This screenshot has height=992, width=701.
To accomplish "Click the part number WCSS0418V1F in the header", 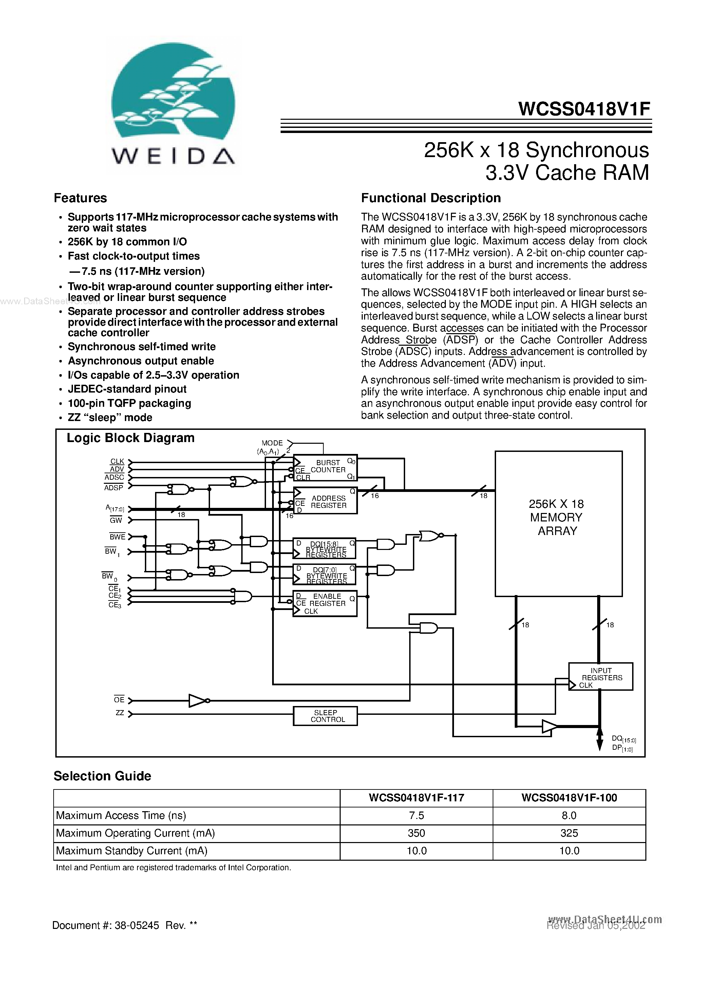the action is coord(584,109).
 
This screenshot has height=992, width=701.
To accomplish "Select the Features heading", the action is coord(80,198).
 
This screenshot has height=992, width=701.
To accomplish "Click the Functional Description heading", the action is coord(431,198).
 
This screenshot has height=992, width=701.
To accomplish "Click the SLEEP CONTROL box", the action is coord(325,716).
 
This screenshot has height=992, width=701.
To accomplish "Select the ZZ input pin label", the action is coord(119,713).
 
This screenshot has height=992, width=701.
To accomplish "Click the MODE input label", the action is coord(272,443).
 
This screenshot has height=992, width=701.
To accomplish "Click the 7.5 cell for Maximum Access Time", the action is coord(416,815).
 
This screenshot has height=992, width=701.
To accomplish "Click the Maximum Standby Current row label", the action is coord(132,851).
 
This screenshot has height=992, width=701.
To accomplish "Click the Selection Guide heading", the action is coord(102,776).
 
